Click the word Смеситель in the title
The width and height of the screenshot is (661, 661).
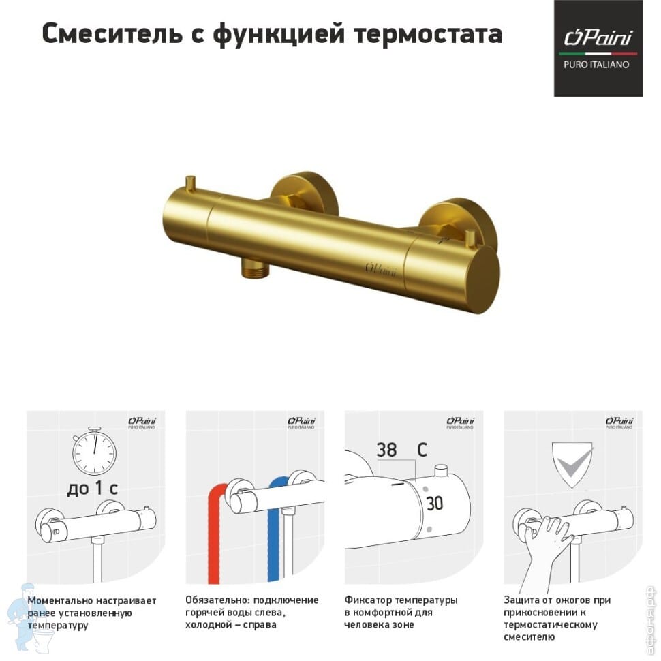pyautogui.click(x=112, y=33)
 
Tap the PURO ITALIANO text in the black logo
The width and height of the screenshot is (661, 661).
pyautogui.click(x=596, y=65)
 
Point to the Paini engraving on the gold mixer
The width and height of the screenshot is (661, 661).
pyautogui.click(x=381, y=269)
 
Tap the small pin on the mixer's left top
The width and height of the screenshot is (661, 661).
pyautogui.click(x=190, y=183)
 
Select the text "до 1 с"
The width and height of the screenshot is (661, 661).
pyautogui.click(x=92, y=489)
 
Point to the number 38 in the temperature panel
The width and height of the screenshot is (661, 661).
pyautogui.click(x=386, y=450)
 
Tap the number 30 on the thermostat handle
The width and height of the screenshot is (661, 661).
pyautogui.click(x=435, y=504)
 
